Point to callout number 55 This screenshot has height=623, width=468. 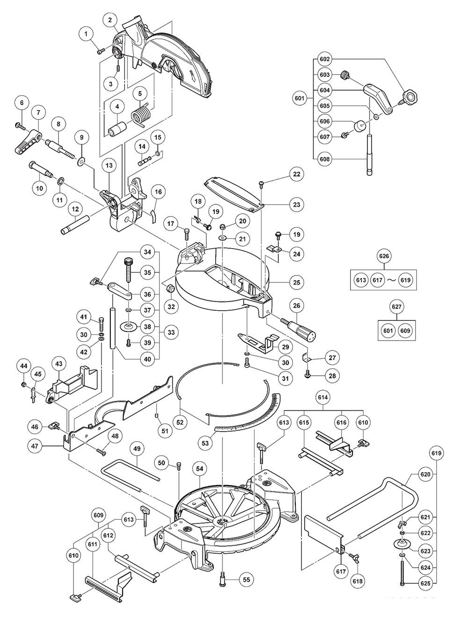247,579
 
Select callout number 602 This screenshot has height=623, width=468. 324,59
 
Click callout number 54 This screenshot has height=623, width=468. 200,469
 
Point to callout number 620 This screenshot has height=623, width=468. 425,475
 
